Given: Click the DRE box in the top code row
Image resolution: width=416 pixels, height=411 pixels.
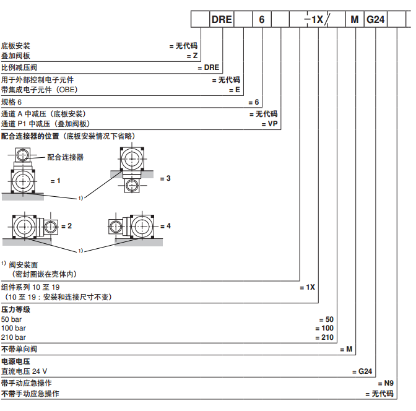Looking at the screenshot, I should tap(222, 19).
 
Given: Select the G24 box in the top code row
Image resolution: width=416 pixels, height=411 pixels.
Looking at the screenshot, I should tap(376, 19).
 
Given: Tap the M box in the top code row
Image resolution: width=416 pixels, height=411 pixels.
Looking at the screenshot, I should tap(355, 19).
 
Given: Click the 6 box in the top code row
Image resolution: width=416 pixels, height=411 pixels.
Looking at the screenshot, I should tap(261, 19).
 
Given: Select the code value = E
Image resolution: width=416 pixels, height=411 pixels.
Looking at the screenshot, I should tap(234, 90).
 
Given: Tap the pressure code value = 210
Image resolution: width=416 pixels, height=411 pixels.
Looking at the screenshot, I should tap(324, 337).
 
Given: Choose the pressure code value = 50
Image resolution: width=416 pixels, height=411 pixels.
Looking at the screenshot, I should tap(327, 319).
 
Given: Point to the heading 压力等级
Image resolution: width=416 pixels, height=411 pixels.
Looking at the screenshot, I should tap(15, 309).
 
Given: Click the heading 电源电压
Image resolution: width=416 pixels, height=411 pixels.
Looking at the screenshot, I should tap(15, 361).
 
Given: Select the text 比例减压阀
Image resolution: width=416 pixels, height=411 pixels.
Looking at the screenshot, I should tap(19, 67).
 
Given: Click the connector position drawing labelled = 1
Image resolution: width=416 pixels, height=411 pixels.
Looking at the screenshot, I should tap(25, 176).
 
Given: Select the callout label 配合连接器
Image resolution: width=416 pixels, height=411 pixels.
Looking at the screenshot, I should tap(66, 157).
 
